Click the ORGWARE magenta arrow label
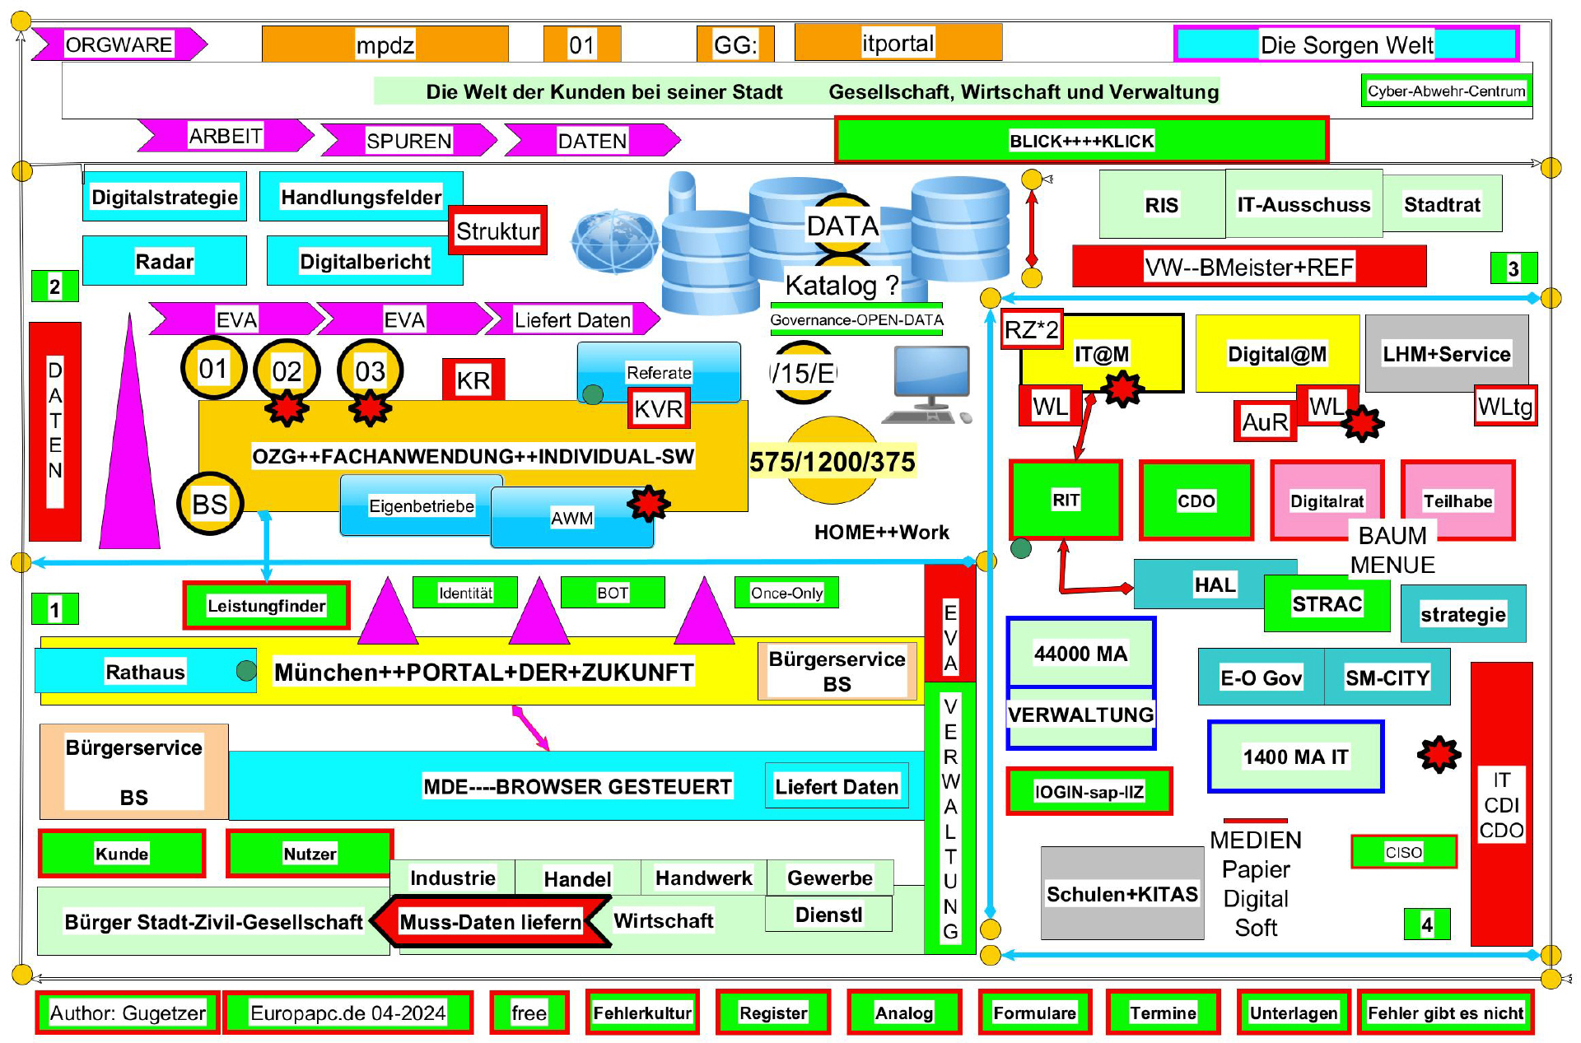pos(119,44)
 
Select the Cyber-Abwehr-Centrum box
pos(1446,91)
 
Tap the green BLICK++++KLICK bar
pos(1081,141)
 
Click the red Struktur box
pos(497,230)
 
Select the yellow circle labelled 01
pos(213,369)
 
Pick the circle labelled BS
pos(210,504)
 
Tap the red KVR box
pos(659,408)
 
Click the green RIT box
pos(1066,501)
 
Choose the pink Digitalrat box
pos(1326,501)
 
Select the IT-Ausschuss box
pos(1304,204)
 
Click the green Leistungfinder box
pos(266,606)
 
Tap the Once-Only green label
pos(786,593)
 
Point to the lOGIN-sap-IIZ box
pos(1089,792)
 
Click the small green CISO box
pos(1404,852)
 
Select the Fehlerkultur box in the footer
pos(642,1013)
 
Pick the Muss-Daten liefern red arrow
pos(491,922)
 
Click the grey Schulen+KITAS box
pos(1122,894)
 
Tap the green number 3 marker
pos(1513,268)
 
